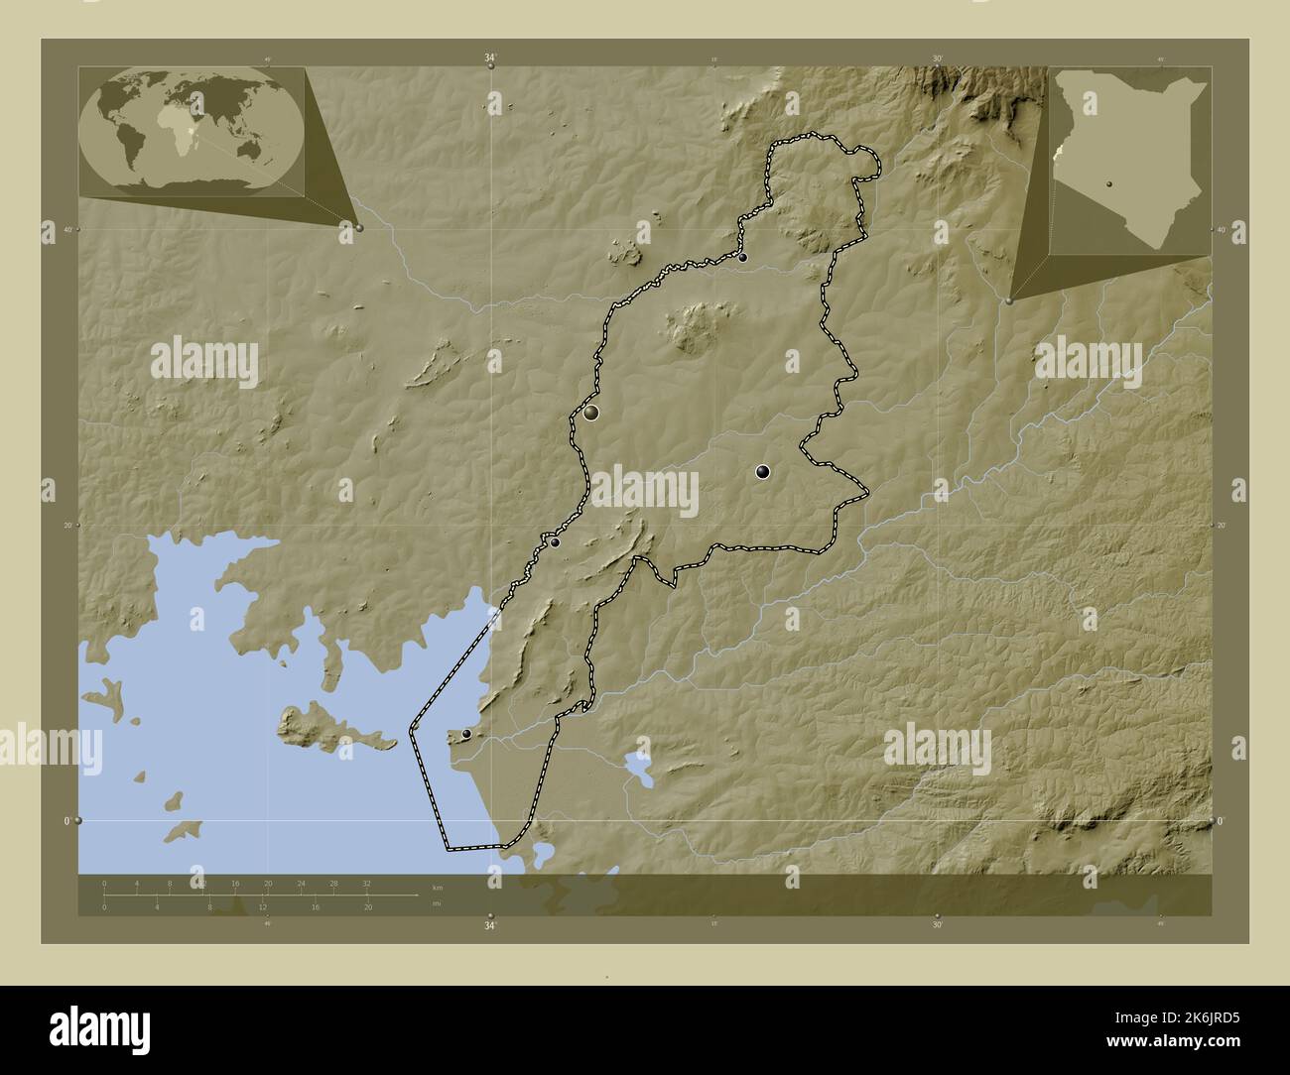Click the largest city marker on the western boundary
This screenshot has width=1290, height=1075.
click(591, 413)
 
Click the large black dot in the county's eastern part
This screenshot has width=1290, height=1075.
click(762, 472)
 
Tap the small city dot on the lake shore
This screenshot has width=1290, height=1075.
click(466, 734)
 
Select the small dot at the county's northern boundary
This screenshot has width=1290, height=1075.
click(742, 258)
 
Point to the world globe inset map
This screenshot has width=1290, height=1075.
click(194, 132)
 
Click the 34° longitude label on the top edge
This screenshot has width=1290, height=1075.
click(490, 59)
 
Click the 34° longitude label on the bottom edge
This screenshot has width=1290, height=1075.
click(490, 926)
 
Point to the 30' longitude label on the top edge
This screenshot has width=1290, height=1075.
click(937, 59)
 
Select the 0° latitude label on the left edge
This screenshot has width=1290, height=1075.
click(67, 821)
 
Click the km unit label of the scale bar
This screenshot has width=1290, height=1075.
click(438, 886)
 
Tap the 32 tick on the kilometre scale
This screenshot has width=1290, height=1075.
click(366, 883)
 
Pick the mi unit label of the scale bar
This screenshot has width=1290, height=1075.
click(437, 903)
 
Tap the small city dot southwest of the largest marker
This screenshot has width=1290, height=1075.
click(556, 542)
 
